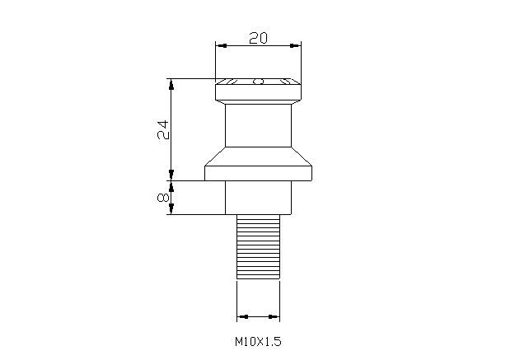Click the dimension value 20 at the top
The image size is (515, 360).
point(258,37)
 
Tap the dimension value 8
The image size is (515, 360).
point(162,198)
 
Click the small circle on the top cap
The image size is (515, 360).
point(258,82)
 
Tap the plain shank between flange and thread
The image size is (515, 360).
point(258,198)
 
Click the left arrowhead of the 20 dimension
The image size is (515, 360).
point(219,47)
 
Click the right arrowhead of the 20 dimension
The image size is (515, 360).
point(296,47)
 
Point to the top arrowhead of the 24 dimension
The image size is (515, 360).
point(171,82)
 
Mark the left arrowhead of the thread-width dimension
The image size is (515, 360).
point(241,316)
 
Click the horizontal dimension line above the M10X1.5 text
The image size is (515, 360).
point(258,316)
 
